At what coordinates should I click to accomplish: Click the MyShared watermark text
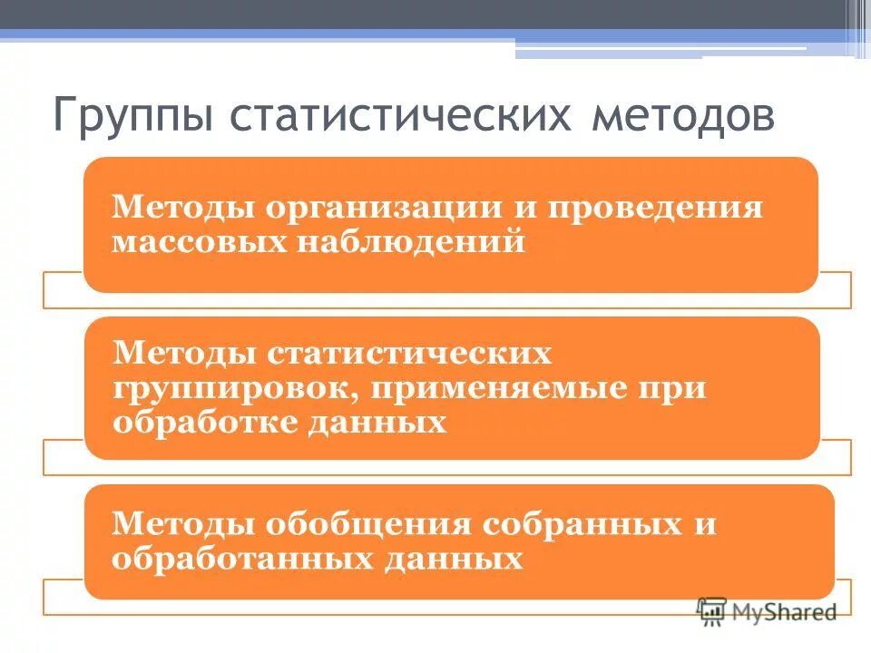(786, 613)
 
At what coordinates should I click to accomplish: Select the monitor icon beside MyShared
(712, 611)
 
